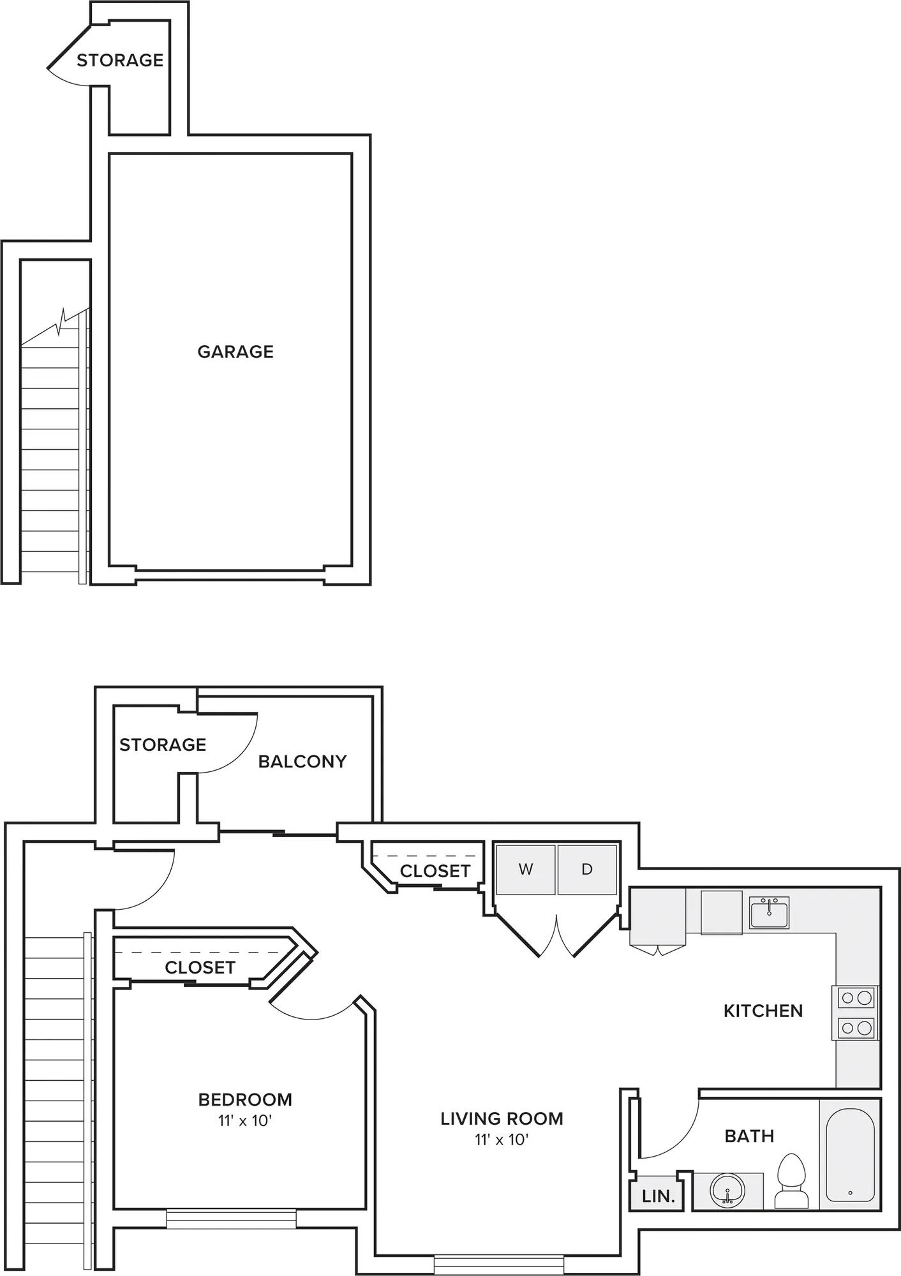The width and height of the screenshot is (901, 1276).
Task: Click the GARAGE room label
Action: point(235,352)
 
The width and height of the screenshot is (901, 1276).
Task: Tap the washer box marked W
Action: point(526,870)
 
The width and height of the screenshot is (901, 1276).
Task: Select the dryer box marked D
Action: point(587,870)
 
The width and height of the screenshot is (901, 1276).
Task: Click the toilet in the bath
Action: point(791,1180)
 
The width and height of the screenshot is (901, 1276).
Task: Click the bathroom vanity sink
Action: point(727,1190)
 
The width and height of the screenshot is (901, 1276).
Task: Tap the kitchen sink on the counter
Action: point(770,912)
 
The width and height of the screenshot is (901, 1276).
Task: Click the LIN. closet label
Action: point(659,1196)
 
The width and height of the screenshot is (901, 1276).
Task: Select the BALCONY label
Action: point(302,761)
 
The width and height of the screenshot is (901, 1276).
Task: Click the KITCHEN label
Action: point(763,1011)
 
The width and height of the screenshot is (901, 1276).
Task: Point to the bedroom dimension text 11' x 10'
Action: point(245,1120)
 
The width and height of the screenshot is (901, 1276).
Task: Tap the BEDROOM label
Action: point(245,1099)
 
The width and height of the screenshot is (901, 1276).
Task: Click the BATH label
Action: point(749,1136)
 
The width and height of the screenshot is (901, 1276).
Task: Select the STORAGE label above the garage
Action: point(120,60)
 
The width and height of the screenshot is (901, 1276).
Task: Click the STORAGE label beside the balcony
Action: point(163,745)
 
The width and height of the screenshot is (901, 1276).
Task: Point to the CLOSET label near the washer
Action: point(435,871)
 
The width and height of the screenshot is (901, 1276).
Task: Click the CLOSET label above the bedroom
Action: point(200,967)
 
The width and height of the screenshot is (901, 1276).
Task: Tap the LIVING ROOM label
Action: point(502,1118)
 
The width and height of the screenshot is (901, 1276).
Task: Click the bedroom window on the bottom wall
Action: point(231,1219)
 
